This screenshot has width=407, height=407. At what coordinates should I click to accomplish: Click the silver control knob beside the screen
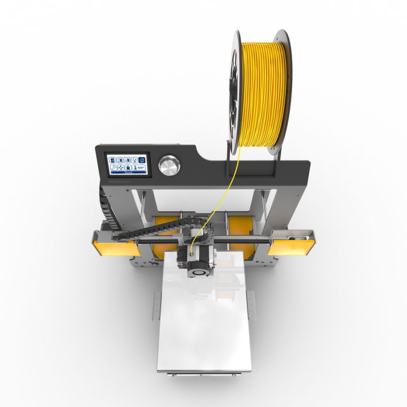click(x=169, y=165)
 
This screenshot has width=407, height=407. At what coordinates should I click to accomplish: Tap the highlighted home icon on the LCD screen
click(x=142, y=160)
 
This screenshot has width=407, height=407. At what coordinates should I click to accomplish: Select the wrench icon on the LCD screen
click(x=113, y=168)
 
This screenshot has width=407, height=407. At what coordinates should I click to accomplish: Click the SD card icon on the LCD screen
click(x=112, y=160)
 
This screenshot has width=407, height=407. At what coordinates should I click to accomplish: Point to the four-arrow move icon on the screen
click(x=121, y=168)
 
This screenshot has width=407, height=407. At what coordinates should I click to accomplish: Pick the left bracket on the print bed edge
click(x=156, y=305)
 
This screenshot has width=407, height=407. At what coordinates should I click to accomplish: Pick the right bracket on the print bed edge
click(x=250, y=304)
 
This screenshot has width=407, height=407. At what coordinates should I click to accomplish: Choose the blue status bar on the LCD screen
click(x=128, y=172)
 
